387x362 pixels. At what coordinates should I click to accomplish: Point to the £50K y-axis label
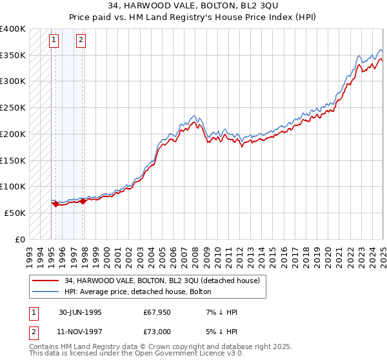15,213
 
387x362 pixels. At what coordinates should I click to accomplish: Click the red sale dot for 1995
56,204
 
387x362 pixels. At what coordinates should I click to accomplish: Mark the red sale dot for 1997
83,201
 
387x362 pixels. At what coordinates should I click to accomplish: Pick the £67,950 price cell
157,312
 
